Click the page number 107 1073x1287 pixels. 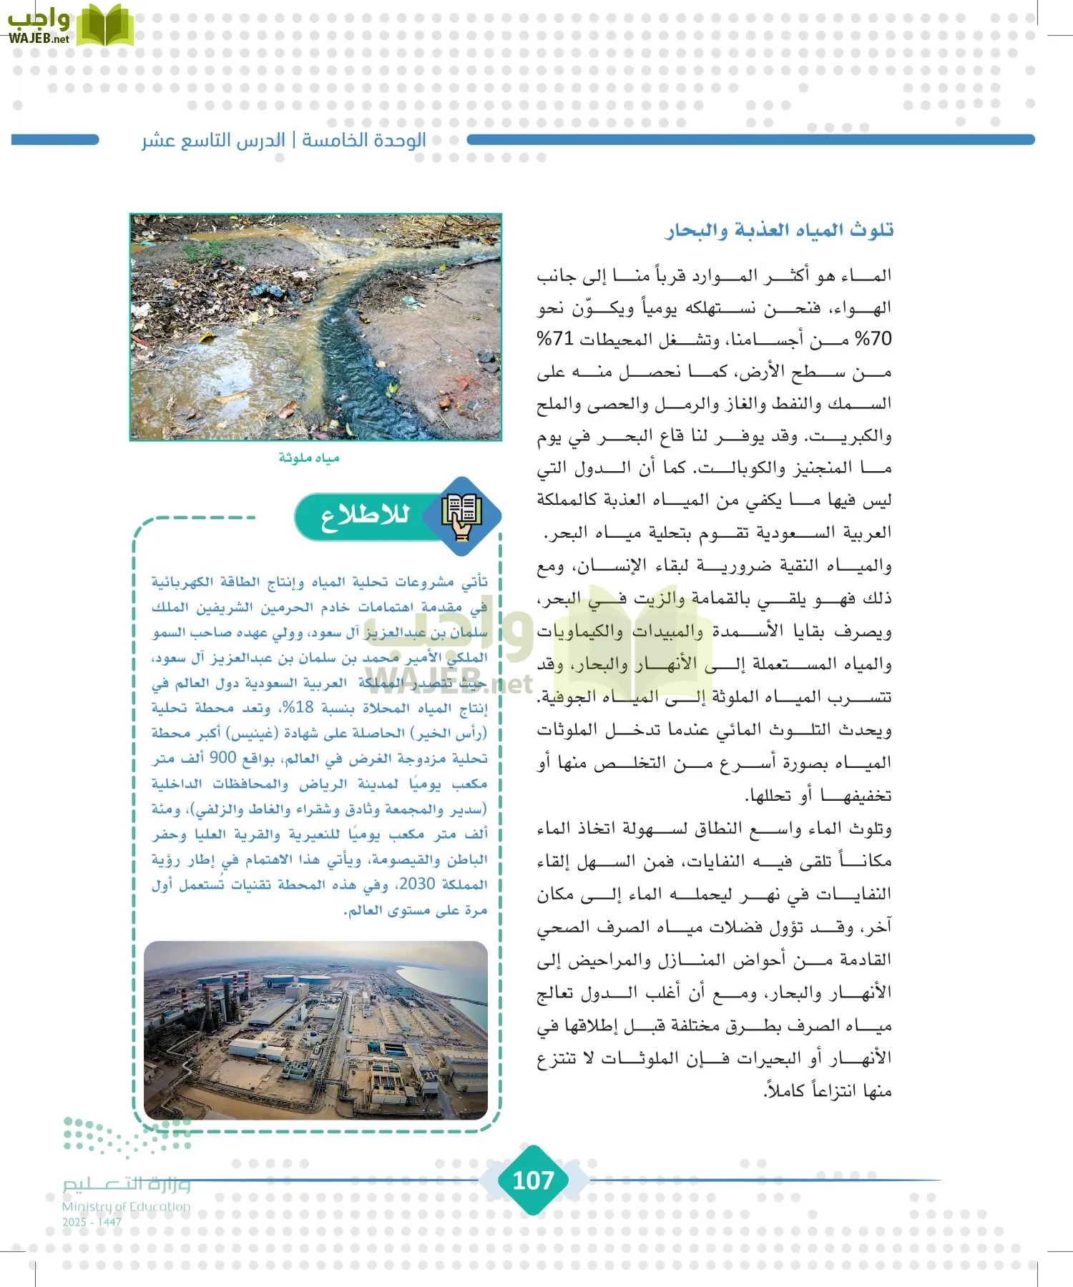tap(534, 1180)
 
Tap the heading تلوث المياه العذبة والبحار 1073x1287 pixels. tap(780, 230)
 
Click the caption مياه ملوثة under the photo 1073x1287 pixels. tap(309, 458)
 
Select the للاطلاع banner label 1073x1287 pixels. tap(364, 516)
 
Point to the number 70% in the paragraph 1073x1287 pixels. tap(873, 339)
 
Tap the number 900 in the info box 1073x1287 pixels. tap(222, 759)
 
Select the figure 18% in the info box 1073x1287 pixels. tap(297, 708)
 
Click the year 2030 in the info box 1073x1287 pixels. tap(417, 884)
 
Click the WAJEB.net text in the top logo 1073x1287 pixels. tap(39, 39)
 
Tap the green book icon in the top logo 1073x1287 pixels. tap(104, 26)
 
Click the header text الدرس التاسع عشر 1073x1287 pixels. tap(213, 140)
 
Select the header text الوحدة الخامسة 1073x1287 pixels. tap(364, 140)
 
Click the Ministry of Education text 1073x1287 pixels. tap(127, 1207)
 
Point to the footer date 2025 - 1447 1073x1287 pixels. tap(92, 1222)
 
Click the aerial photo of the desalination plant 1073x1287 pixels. tap(315, 1030)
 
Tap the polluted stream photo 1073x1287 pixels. tap(315, 327)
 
